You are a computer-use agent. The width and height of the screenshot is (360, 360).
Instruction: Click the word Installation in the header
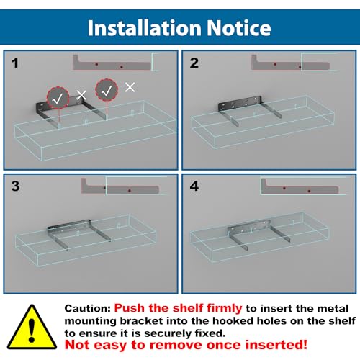pos(145,28)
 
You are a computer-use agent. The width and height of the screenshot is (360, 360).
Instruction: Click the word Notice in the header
pos(239,28)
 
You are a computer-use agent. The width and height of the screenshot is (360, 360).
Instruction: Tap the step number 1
pos(15,63)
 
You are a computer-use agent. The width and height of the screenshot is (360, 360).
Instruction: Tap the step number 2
pos(194,63)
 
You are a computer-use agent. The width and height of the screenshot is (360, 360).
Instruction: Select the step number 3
pos(15,186)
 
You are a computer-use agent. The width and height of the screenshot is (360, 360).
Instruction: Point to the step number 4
pos(194,186)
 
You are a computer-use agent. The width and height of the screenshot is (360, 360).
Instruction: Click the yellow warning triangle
pos(32,327)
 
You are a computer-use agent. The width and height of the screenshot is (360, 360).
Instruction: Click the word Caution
pos(88,308)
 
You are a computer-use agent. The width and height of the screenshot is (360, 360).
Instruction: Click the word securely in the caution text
pos(168,333)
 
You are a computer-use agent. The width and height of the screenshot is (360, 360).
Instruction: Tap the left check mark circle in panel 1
pos(58,98)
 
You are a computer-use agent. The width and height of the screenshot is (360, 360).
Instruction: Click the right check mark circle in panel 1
pos(107,90)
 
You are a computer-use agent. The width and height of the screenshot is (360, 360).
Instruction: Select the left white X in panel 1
pos(81,95)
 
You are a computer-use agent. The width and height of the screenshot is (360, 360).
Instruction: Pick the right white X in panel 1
pos(130,87)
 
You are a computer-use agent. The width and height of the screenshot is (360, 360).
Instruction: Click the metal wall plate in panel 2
pos(240,104)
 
